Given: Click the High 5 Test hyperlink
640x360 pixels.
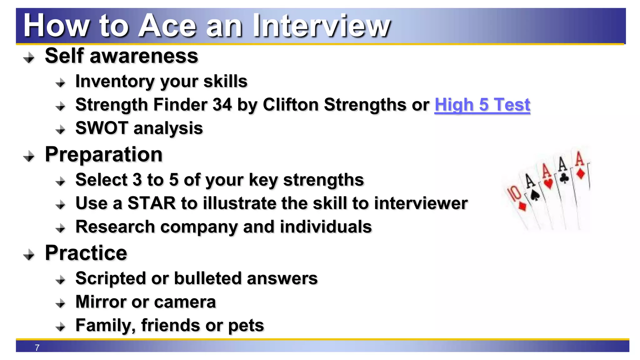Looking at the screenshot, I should click(482, 105).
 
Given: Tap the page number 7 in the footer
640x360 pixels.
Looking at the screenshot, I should click(37, 347).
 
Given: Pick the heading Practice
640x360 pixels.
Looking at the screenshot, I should click(86, 253).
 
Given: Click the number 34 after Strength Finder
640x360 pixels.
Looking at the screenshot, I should click(222, 105).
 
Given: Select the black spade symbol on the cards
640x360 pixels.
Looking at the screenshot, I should click(535, 195).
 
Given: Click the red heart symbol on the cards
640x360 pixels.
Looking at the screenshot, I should click(548, 183).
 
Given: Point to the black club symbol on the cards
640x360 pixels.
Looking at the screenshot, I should click(564, 178).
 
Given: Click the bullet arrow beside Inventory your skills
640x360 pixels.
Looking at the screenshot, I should click(60, 83).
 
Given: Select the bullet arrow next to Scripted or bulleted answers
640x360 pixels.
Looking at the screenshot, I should click(60, 280).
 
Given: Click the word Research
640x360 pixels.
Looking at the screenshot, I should click(115, 227).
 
